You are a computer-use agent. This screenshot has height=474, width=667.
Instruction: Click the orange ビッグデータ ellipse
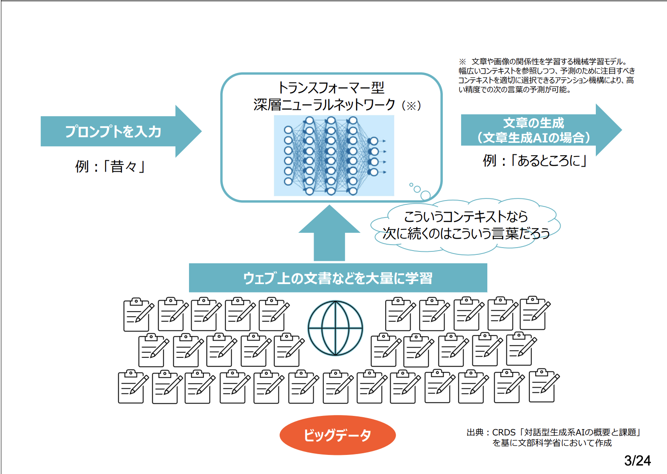[337, 435]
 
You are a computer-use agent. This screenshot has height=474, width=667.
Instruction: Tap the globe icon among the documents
[335, 328]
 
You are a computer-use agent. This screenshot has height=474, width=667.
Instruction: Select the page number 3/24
[637, 460]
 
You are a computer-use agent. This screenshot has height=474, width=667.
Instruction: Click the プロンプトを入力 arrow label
[113, 131]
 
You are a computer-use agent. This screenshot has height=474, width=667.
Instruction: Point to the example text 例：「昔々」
[110, 166]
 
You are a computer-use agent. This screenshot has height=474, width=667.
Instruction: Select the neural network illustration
[334, 156]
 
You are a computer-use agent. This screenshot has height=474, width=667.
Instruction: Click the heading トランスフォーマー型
[331, 88]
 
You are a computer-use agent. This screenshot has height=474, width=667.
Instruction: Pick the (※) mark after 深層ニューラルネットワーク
[411, 105]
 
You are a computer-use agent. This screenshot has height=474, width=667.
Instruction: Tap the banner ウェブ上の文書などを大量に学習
[338, 278]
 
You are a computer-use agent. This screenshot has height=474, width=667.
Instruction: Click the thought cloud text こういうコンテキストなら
[465, 217]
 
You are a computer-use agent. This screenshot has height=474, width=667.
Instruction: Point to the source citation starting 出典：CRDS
[553, 432]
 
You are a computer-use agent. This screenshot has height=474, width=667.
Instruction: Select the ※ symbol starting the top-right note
[462, 62]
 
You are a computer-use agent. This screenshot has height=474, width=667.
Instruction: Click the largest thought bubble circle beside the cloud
[425, 195]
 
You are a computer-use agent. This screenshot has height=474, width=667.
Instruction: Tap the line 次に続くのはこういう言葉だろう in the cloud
[466, 233]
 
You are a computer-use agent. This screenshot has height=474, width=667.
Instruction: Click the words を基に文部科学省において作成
[552, 443]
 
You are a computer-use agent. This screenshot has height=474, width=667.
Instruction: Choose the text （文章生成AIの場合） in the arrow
[534, 138]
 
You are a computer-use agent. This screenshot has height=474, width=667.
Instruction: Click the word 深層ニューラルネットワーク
[324, 105]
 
